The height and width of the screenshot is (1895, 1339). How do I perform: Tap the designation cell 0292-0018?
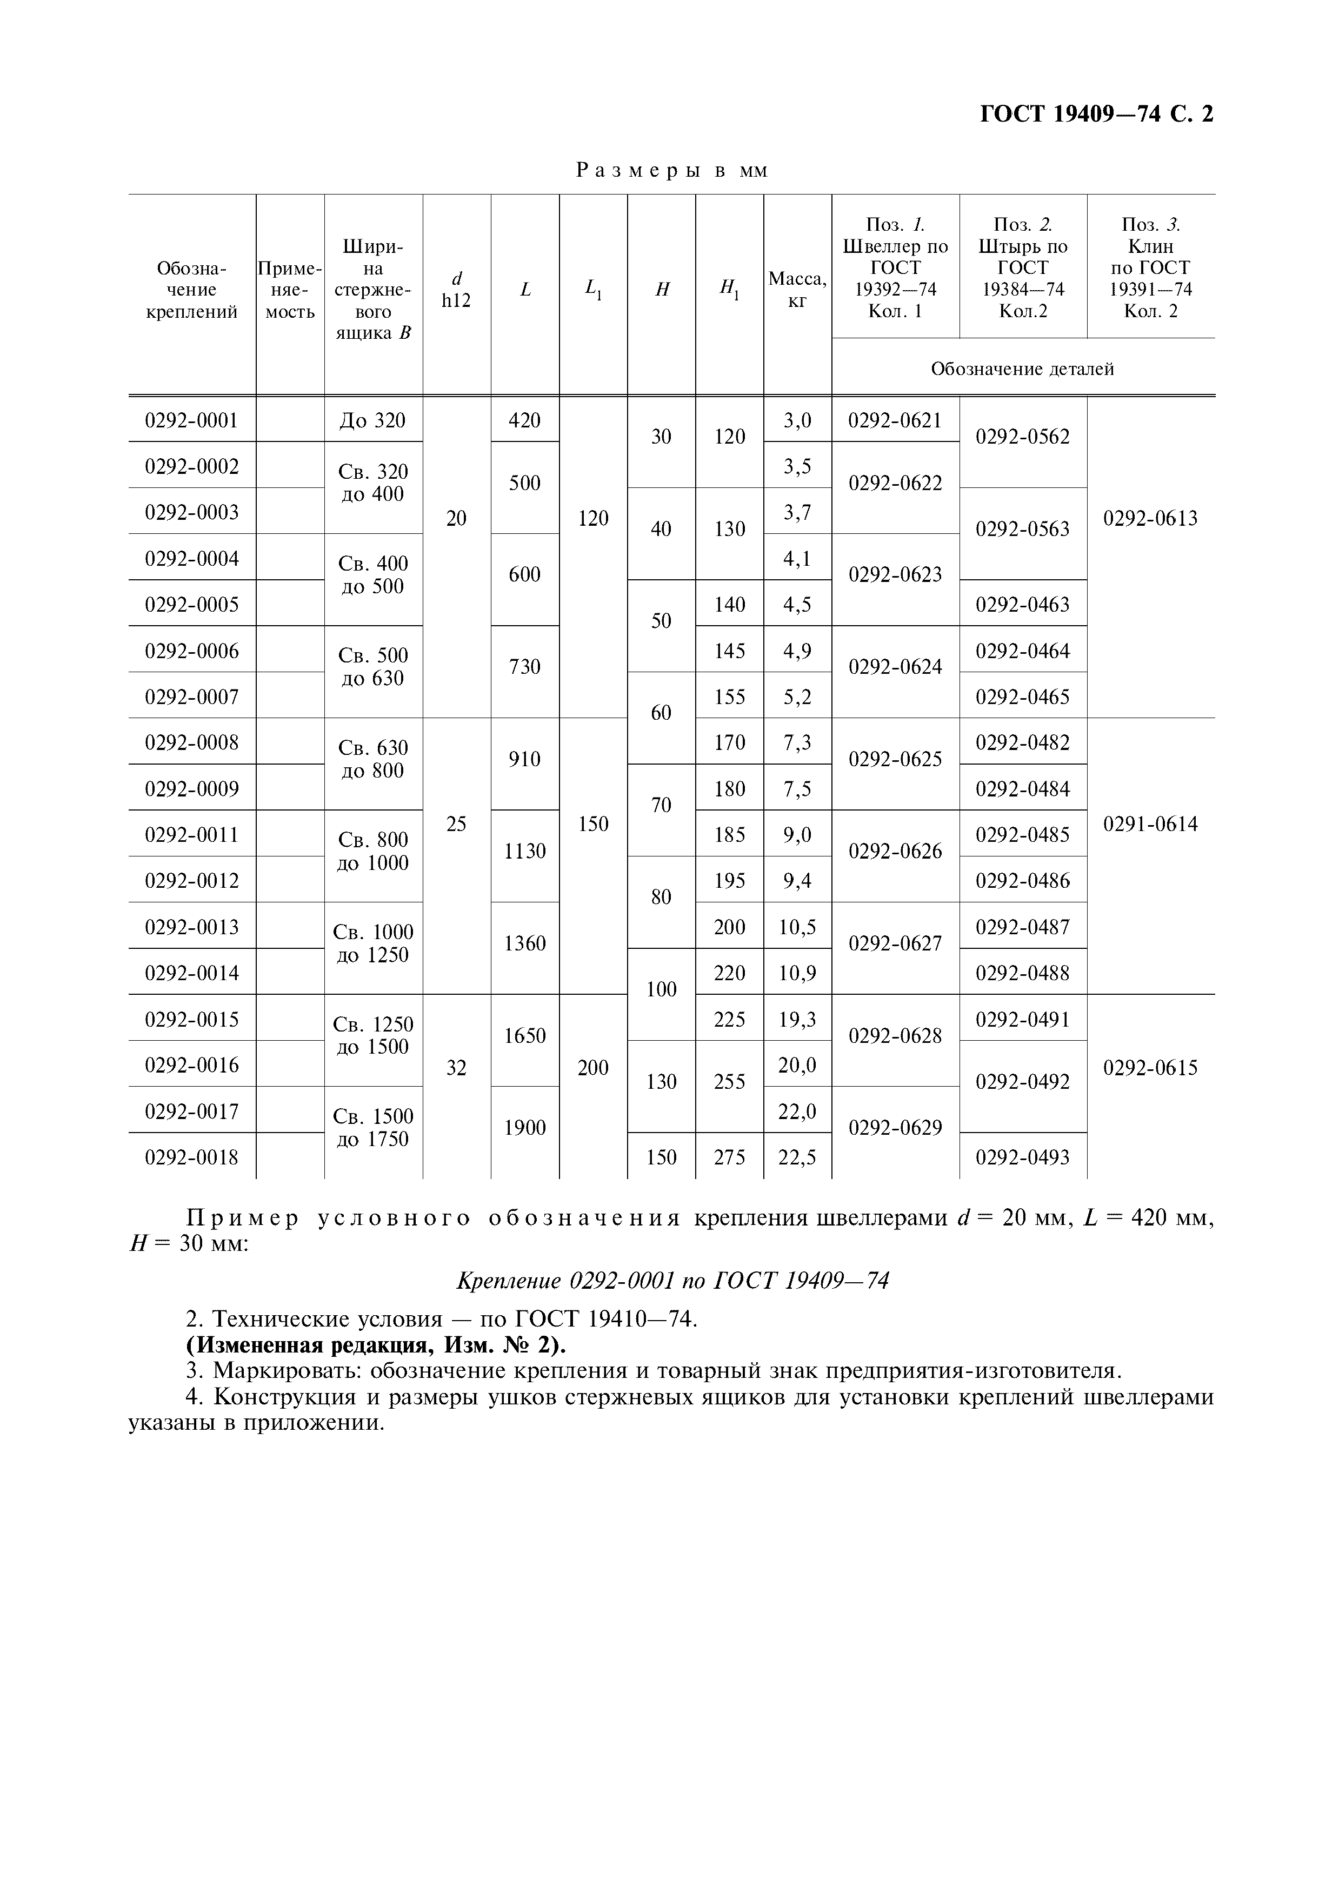click(x=191, y=1156)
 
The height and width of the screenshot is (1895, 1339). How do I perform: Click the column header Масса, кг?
click(x=797, y=290)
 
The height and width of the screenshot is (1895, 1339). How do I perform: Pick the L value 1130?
click(x=524, y=851)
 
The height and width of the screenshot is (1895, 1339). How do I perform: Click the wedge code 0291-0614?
click(x=1150, y=823)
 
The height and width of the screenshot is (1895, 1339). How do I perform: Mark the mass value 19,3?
click(x=797, y=1019)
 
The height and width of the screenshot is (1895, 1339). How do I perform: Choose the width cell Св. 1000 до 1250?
click(x=372, y=943)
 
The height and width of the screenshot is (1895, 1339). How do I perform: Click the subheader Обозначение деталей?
click(x=1022, y=369)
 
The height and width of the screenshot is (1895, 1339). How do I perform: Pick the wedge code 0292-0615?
click(x=1150, y=1068)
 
